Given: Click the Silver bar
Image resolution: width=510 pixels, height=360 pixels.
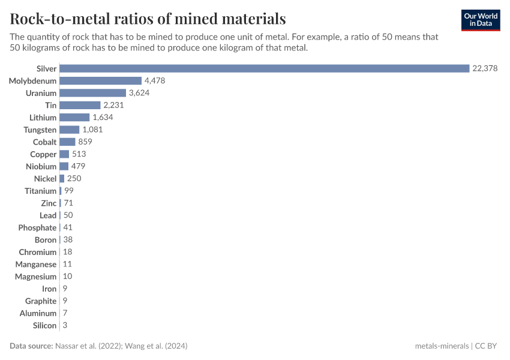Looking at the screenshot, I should pos(264,68).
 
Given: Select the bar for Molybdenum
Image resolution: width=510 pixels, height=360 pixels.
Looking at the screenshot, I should pos(100,80).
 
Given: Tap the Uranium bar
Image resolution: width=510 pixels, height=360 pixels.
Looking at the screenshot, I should pos(92,93).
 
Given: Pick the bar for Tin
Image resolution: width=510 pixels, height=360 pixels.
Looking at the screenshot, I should pos(80,105).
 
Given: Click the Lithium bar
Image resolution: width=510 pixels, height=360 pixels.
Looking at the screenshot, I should pos(74,118).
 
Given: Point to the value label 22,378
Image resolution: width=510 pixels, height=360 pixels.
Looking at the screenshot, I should pos(485,68).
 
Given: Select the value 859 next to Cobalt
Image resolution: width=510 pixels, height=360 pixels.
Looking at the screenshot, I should pos(85,142).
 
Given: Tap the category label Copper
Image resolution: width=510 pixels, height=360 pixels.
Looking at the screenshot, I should pos(43,154).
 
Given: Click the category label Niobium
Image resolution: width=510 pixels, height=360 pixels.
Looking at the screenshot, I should pos(41,166).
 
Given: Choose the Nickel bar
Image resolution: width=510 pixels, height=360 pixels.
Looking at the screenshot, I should pos(62,179).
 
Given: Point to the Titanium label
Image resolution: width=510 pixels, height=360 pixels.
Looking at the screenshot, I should pos(40,191).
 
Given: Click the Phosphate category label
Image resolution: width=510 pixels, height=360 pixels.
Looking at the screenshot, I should pos(37,227).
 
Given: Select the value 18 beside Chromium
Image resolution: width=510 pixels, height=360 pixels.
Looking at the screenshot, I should pos(68,252).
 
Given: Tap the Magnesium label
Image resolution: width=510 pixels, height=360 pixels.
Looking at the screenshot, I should pos(36,277).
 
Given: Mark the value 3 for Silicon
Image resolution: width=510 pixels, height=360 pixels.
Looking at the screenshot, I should pos(65,325).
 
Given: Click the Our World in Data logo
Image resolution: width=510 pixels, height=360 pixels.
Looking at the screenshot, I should pos(480,20).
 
